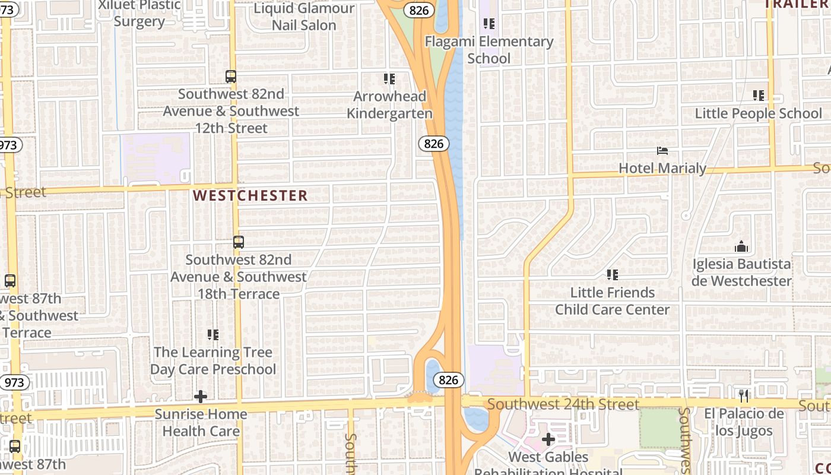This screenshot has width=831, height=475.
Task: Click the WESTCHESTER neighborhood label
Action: tap(250, 195)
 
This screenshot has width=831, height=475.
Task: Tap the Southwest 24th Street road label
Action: tap(563, 404)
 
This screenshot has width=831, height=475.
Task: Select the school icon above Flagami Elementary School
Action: tap(489, 24)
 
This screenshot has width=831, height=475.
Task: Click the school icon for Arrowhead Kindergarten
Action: tap(389, 78)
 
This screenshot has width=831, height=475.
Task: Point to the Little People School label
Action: tap(758, 113)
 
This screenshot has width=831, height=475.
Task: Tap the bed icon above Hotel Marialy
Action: tap(662, 151)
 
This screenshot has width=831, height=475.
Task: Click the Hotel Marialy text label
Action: tap(662, 168)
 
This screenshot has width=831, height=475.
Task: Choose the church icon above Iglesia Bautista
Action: tap(741, 246)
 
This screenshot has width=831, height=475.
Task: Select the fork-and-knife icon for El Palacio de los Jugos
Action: tap(744, 395)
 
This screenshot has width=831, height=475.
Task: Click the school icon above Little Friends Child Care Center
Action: tap(612, 274)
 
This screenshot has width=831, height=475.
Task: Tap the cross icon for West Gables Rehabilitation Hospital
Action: tap(548, 439)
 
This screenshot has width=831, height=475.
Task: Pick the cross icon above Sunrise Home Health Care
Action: tap(201, 396)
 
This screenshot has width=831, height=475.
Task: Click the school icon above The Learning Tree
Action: tap(212, 335)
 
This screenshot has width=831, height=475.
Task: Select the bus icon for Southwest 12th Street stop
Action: tap(231, 77)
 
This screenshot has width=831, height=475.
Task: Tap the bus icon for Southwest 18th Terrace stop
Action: tap(238, 242)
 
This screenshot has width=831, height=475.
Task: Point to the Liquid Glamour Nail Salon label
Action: tap(304, 17)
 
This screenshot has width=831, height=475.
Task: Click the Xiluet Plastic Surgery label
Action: tap(139, 13)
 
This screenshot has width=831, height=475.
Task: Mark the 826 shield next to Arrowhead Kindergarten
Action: tap(433, 143)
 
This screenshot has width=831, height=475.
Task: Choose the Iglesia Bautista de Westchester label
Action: tap(741, 272)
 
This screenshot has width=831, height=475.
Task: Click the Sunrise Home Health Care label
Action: tap(201, 422)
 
